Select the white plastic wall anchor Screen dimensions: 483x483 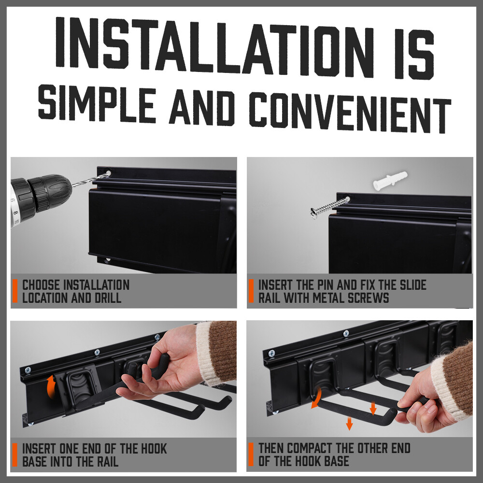[390, 180]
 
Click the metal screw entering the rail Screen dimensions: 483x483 [329, 206]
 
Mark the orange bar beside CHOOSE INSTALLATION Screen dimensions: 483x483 [15, 291]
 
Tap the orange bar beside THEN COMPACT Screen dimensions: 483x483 [251, 455]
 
